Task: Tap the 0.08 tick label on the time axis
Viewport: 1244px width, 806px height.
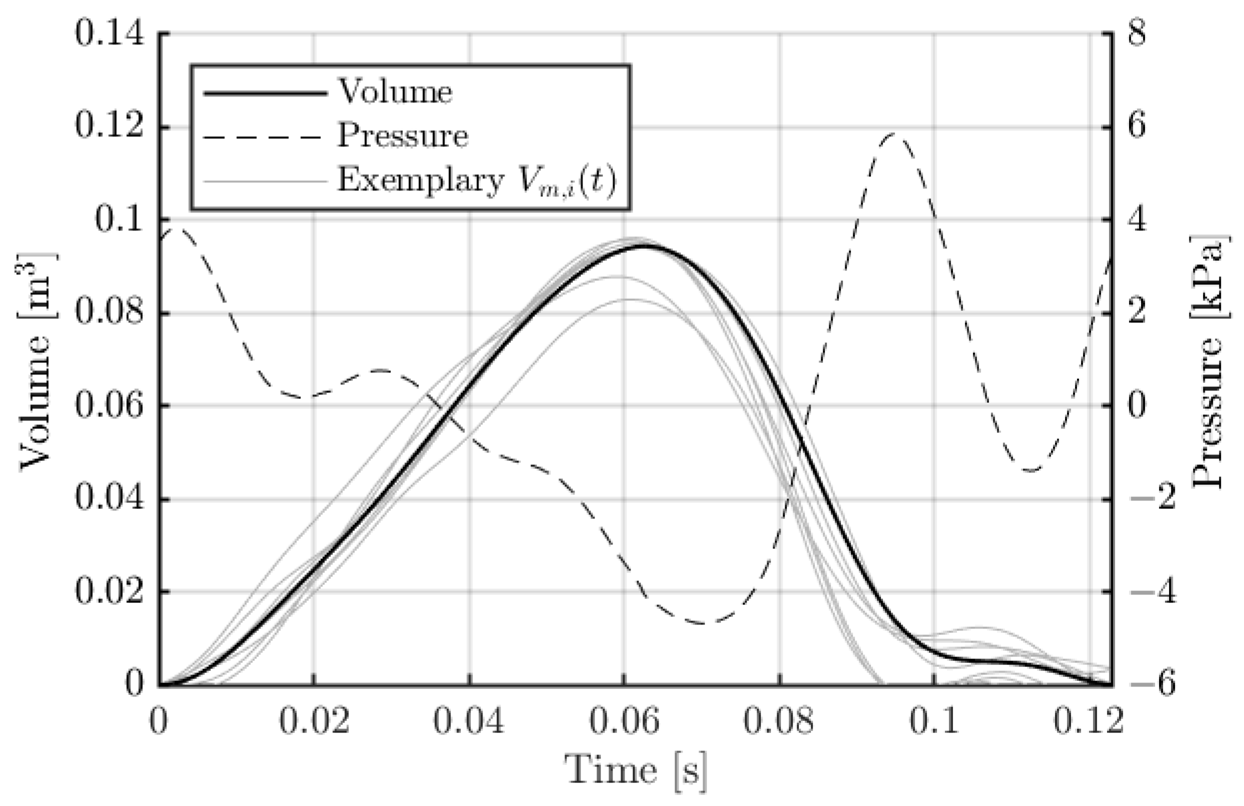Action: pyautogui.click(x=779, y=721)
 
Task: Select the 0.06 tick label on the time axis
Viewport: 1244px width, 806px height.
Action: pyautogui.click(x=624, y=721)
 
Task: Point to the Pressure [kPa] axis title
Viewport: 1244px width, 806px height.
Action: pyautogui.click(x=1207, y=360)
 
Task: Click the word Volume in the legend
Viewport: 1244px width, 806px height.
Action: pyautogui.click(x=395, y=92)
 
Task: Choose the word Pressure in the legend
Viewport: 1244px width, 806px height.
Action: pyautogui.click(x=402, y=136)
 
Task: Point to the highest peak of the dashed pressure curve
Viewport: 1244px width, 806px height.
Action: pyautogui.click(x=895, y=134)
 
